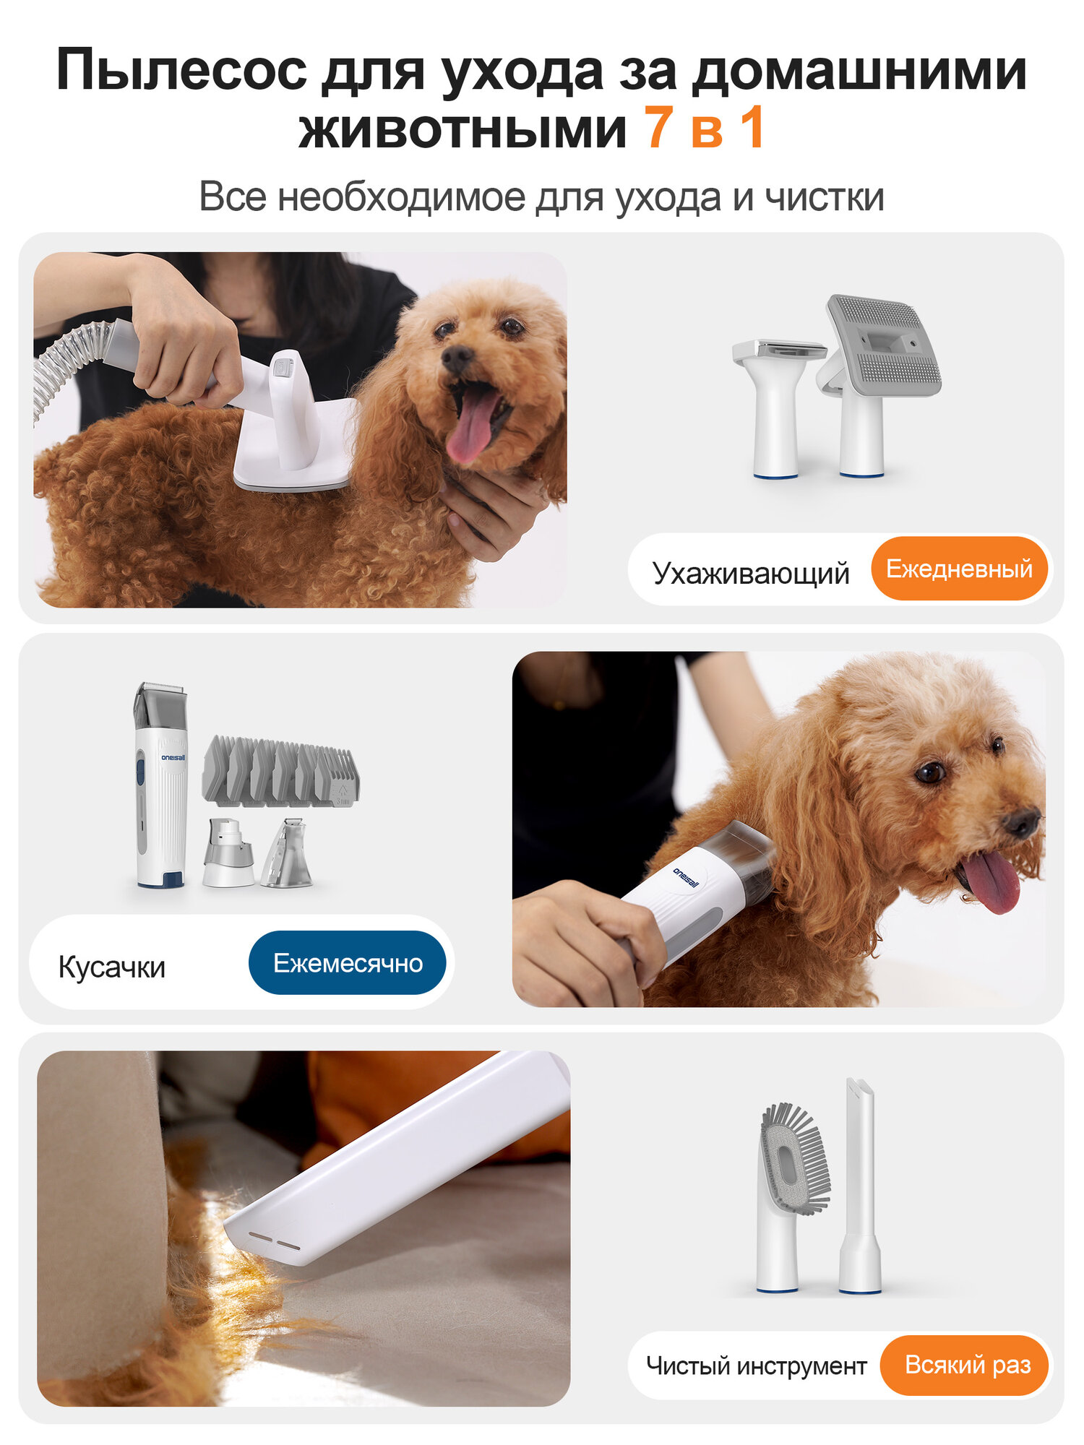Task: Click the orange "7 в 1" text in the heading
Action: click(705, 129)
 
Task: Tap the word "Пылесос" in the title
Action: click(181, 70)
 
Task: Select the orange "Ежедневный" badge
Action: click(959, 569)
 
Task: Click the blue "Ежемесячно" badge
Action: click(348, 963)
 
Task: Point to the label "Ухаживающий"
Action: click(750, 573)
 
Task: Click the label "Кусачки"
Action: click(112, 967)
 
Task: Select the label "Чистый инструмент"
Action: click(756, 1366)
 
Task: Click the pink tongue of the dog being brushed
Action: click(473, 426)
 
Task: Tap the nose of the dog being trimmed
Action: click(1022, 822)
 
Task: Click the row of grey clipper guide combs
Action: click(280, 772)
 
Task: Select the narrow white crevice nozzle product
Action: click(860, 1185)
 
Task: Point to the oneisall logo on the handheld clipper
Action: click(686, 877)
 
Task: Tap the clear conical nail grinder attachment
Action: click(288, 854)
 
